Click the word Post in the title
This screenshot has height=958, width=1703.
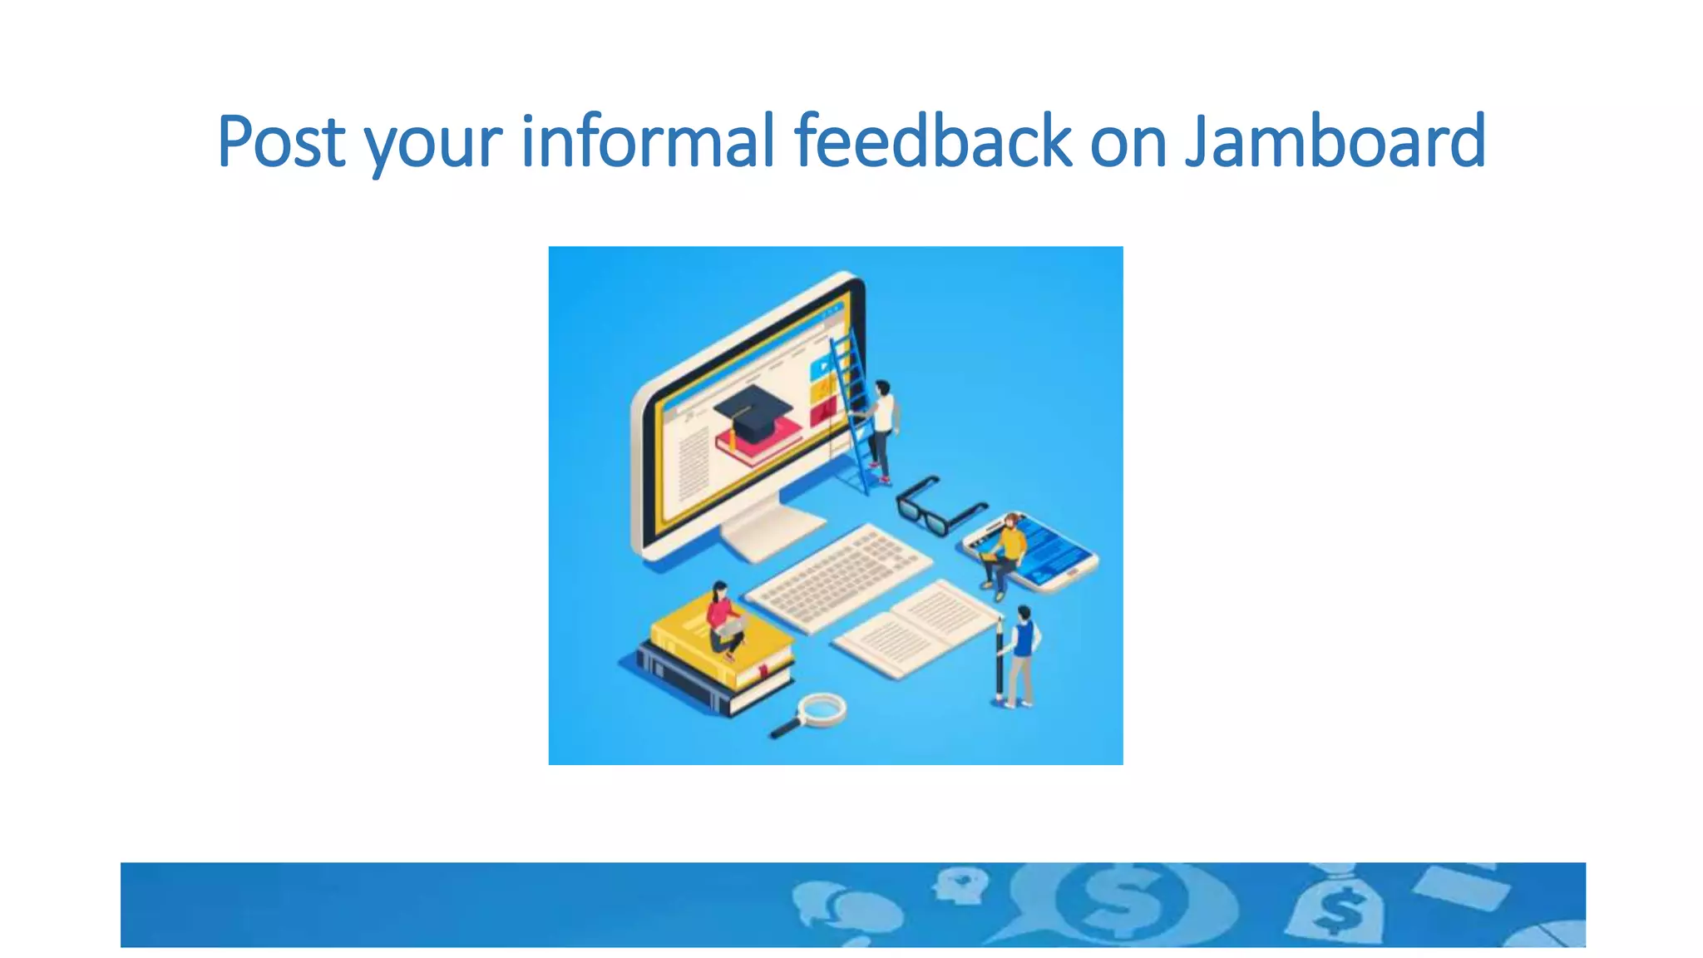click(280, 141)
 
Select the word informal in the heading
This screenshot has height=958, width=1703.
click(648, 141)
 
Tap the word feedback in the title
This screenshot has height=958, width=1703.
click(932, 141)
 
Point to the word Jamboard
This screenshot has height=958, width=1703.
click(1335, 141)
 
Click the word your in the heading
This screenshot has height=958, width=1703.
click(432, 146)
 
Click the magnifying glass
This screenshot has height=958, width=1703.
click(812, 714)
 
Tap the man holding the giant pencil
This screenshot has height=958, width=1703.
click(1021, 656)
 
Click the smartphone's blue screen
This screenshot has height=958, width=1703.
click(1051, 549)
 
